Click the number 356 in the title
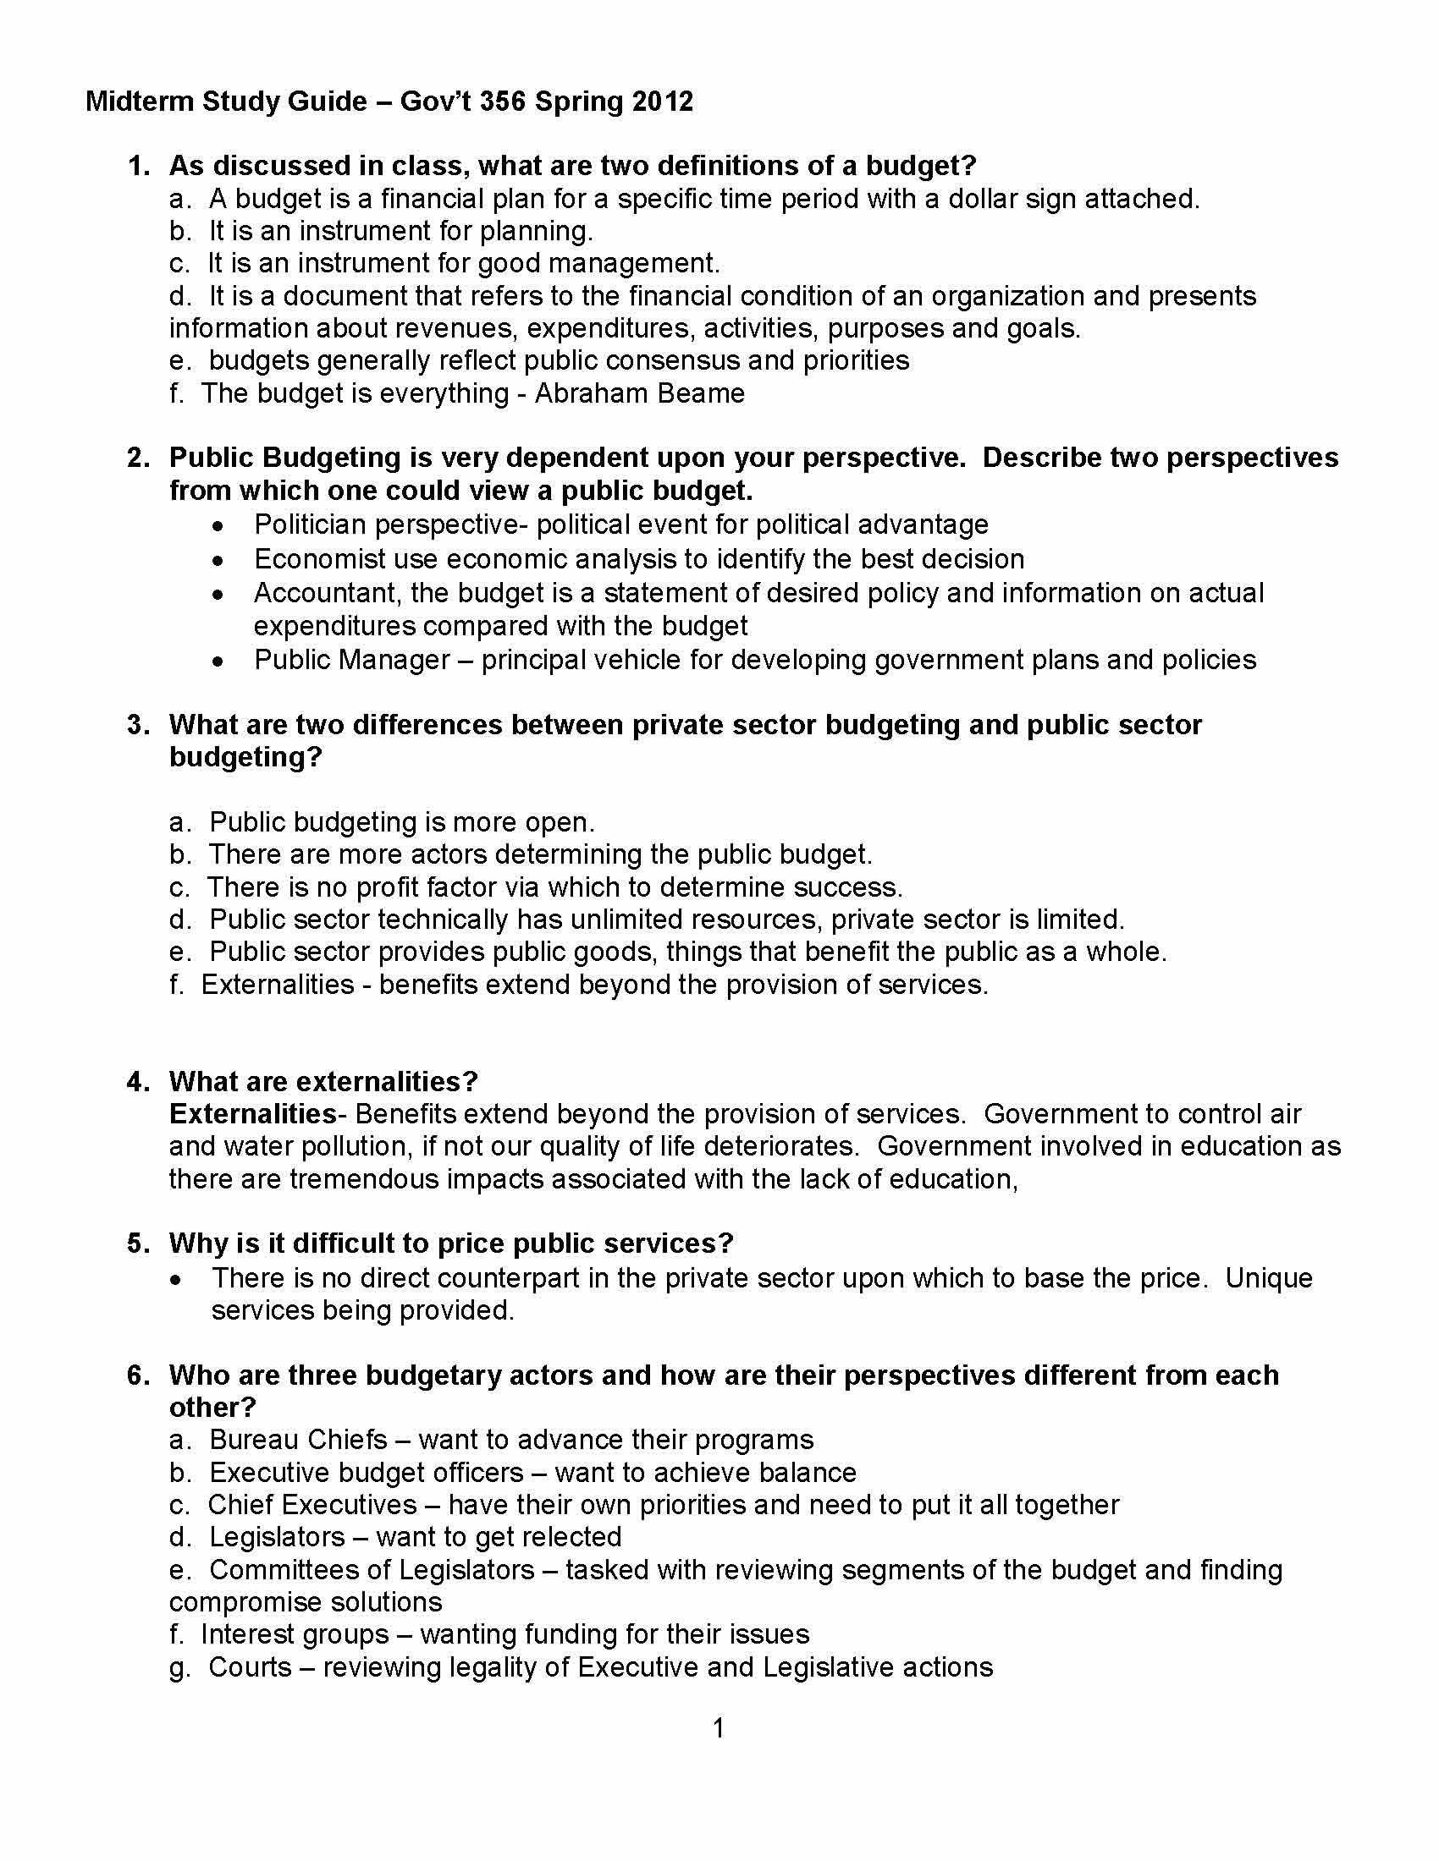pos(502,102)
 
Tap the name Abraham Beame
pos(639,393)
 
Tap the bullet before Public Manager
pos(219,661)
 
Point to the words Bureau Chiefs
pos(298,1439)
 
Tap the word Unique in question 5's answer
pos(1269,1278)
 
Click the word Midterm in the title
pos(140,102)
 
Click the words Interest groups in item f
pos(295,1634)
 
